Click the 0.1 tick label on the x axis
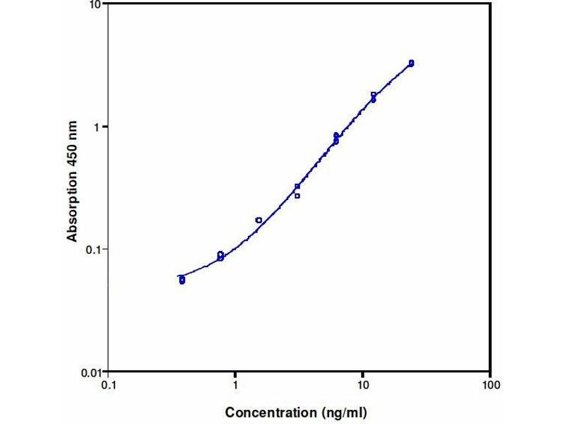tap(109, 386)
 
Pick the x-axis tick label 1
tap(235, 386)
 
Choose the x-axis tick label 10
tap(362, 386)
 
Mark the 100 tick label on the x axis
tap(490, 386)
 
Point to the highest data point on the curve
tap(411, 63)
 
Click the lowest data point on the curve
tap(182, 280)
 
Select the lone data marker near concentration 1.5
tap(258, 220)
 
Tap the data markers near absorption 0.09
tap(220, 256)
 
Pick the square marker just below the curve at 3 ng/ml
tap(297, 196)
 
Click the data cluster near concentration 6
tap(336, 139)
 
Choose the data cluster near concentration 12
tap(374, 97)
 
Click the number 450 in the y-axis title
tap(73, 155)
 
